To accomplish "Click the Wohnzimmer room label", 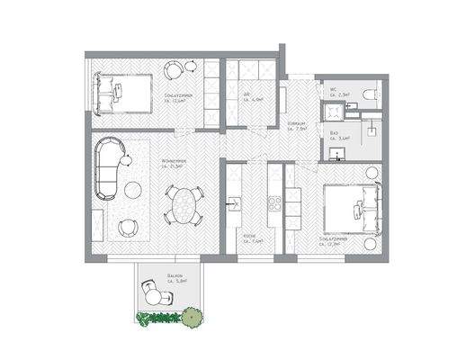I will [172, 163].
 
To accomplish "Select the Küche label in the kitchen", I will [251, 240].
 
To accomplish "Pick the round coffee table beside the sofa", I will [132, 189].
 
